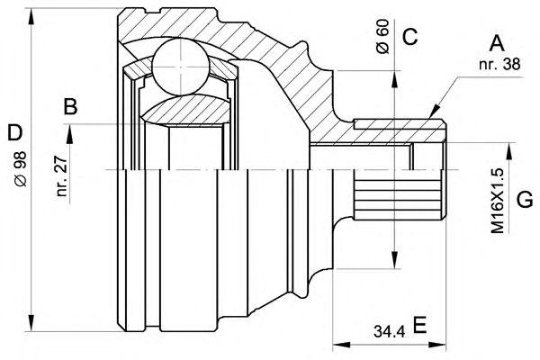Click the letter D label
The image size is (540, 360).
point(14,132)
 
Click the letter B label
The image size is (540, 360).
point(70,106)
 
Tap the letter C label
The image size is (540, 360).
point(409,37)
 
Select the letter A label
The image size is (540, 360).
point(497,43)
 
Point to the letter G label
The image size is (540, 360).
point(525,200)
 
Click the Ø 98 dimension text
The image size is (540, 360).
point(21,169)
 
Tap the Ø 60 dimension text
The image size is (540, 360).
point(382,37)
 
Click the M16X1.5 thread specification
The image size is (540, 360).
point(498,202)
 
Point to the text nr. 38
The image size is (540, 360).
point(499,64)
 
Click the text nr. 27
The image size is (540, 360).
point(61,176)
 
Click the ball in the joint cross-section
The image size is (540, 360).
point(181,67)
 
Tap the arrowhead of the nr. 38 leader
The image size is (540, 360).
point(435,111)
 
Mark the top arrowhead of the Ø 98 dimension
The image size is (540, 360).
point(31,16)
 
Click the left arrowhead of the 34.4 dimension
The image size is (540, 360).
point(341,346)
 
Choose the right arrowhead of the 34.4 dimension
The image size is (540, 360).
point(437,346)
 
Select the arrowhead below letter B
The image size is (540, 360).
point(70,134)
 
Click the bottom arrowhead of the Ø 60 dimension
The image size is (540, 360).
point(395,260)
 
